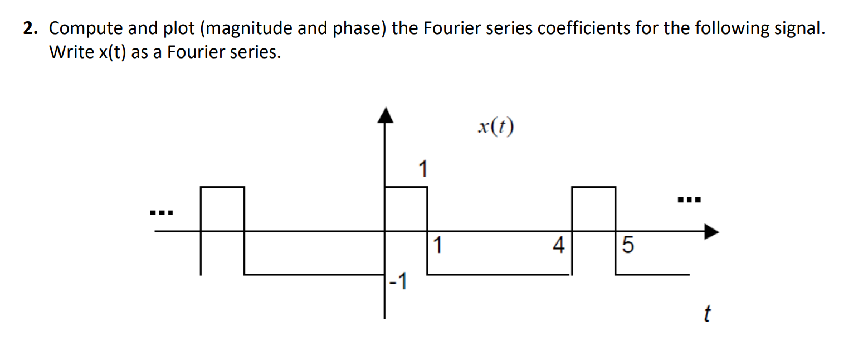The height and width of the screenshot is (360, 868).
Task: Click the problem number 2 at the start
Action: tap(28, 30)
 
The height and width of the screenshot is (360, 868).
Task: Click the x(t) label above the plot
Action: tap(495, 128)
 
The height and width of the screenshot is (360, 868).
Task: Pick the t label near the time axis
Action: tap(706, 314)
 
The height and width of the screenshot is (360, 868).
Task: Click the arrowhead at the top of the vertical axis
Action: tap(384, 114)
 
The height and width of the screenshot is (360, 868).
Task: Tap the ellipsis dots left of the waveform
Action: tap(162, 213)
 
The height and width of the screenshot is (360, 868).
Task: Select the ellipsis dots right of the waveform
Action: tap(688, 199)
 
